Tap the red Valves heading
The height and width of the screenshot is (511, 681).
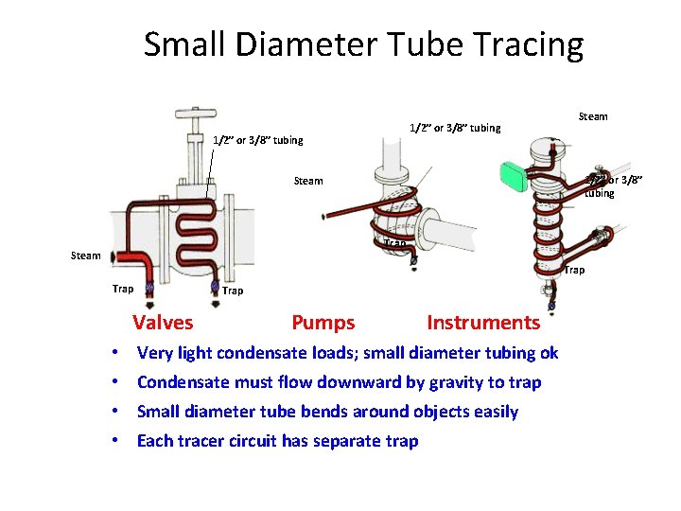(163, 323)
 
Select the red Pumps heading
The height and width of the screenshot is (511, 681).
(323, 323)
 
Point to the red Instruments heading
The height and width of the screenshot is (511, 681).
(483, 323)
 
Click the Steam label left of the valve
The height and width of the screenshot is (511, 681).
(86, 255)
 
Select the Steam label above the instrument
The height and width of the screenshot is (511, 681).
(593, 116)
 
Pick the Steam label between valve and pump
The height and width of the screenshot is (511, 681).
(308, 181)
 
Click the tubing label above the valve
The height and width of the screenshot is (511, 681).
(257, 140)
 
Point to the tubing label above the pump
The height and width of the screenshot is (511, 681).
(454, 128)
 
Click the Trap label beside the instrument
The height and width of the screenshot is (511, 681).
(574, 271)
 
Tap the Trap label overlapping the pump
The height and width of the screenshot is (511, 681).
(395, 244)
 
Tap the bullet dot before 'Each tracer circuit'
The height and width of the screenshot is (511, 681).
(113, 441)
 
